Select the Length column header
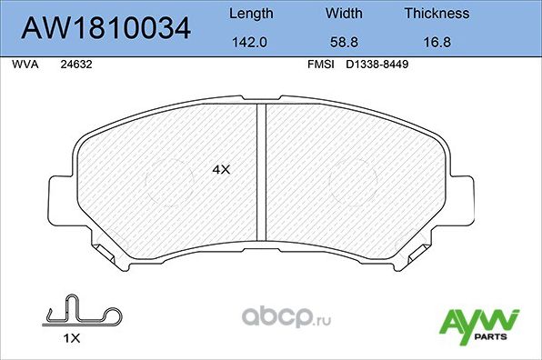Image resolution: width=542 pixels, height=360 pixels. pyautogui.click(x=250, y=14)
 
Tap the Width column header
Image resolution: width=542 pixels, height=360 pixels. pyautogui.click(x=345, y=14)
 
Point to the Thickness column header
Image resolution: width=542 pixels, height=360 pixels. pyautogui.click(x=437, y=14)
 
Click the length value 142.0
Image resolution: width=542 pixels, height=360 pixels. pyautogui.click(x=250, y=41)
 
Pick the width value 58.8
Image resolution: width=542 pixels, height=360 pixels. pyautogui.click(x=345, y=41)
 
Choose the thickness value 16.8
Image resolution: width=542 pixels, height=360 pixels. pyautogui.click(x=437, y=41)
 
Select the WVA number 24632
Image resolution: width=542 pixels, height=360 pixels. pyautogui.click(x=75, y=65)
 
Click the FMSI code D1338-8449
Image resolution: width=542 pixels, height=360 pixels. pyautogui.click(x=377, y=65)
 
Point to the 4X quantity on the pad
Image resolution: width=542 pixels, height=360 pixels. pyautogui.click(x=222, y=169)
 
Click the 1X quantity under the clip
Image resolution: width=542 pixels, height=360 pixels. pyautogui.click(x=73, y=337)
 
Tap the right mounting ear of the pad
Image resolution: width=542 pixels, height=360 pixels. pyautogui.click(x=461, y=195)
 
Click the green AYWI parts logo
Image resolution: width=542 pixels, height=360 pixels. pyautogui.click(x=478, y=324)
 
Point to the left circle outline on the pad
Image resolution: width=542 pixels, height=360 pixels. pyautogui.click(x=168, y=177)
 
